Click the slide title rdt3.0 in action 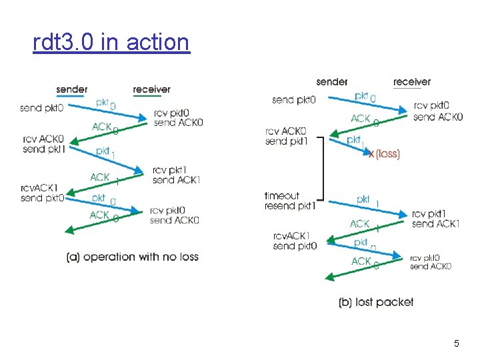[x=111, y=42]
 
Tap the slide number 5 [x=456, y=344]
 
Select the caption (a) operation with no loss [x=133, y=257]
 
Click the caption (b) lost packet [x=376, y=302]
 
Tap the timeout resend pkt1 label [x=289, y=201]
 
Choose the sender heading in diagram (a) [x=71, y=90]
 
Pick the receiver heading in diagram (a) [x=151, y=90]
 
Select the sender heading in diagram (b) [x=332, y=82]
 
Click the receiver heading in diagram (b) [x=412, y=82]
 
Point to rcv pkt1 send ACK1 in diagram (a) [x=176, y=175]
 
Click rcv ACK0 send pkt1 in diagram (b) [x=285, y=136]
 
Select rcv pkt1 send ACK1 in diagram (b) [x=435, y=219]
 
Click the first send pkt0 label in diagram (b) [x=293, y=101]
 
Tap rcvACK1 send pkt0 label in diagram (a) [x=41, y=193]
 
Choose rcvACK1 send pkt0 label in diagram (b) [x=295, y=241]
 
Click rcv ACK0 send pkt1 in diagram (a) [x=43, y=144]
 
